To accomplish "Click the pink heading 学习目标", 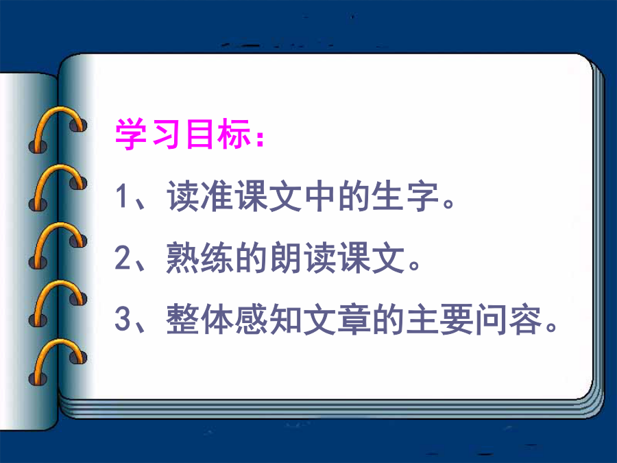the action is [183, 134].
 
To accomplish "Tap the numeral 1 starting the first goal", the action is [121, 196].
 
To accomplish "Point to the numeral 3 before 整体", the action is [123, 318].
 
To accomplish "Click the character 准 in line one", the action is [217, 196].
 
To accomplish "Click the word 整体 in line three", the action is [199, 319].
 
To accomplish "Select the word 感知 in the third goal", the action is [269, 319].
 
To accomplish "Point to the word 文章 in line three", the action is [337, 319].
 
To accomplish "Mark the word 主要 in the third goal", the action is [440, 319].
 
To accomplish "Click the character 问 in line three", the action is [491, 319].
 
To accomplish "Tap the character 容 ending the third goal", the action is [525, 319].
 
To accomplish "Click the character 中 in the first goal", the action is [320, 196].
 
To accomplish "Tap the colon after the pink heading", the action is [260, 138].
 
